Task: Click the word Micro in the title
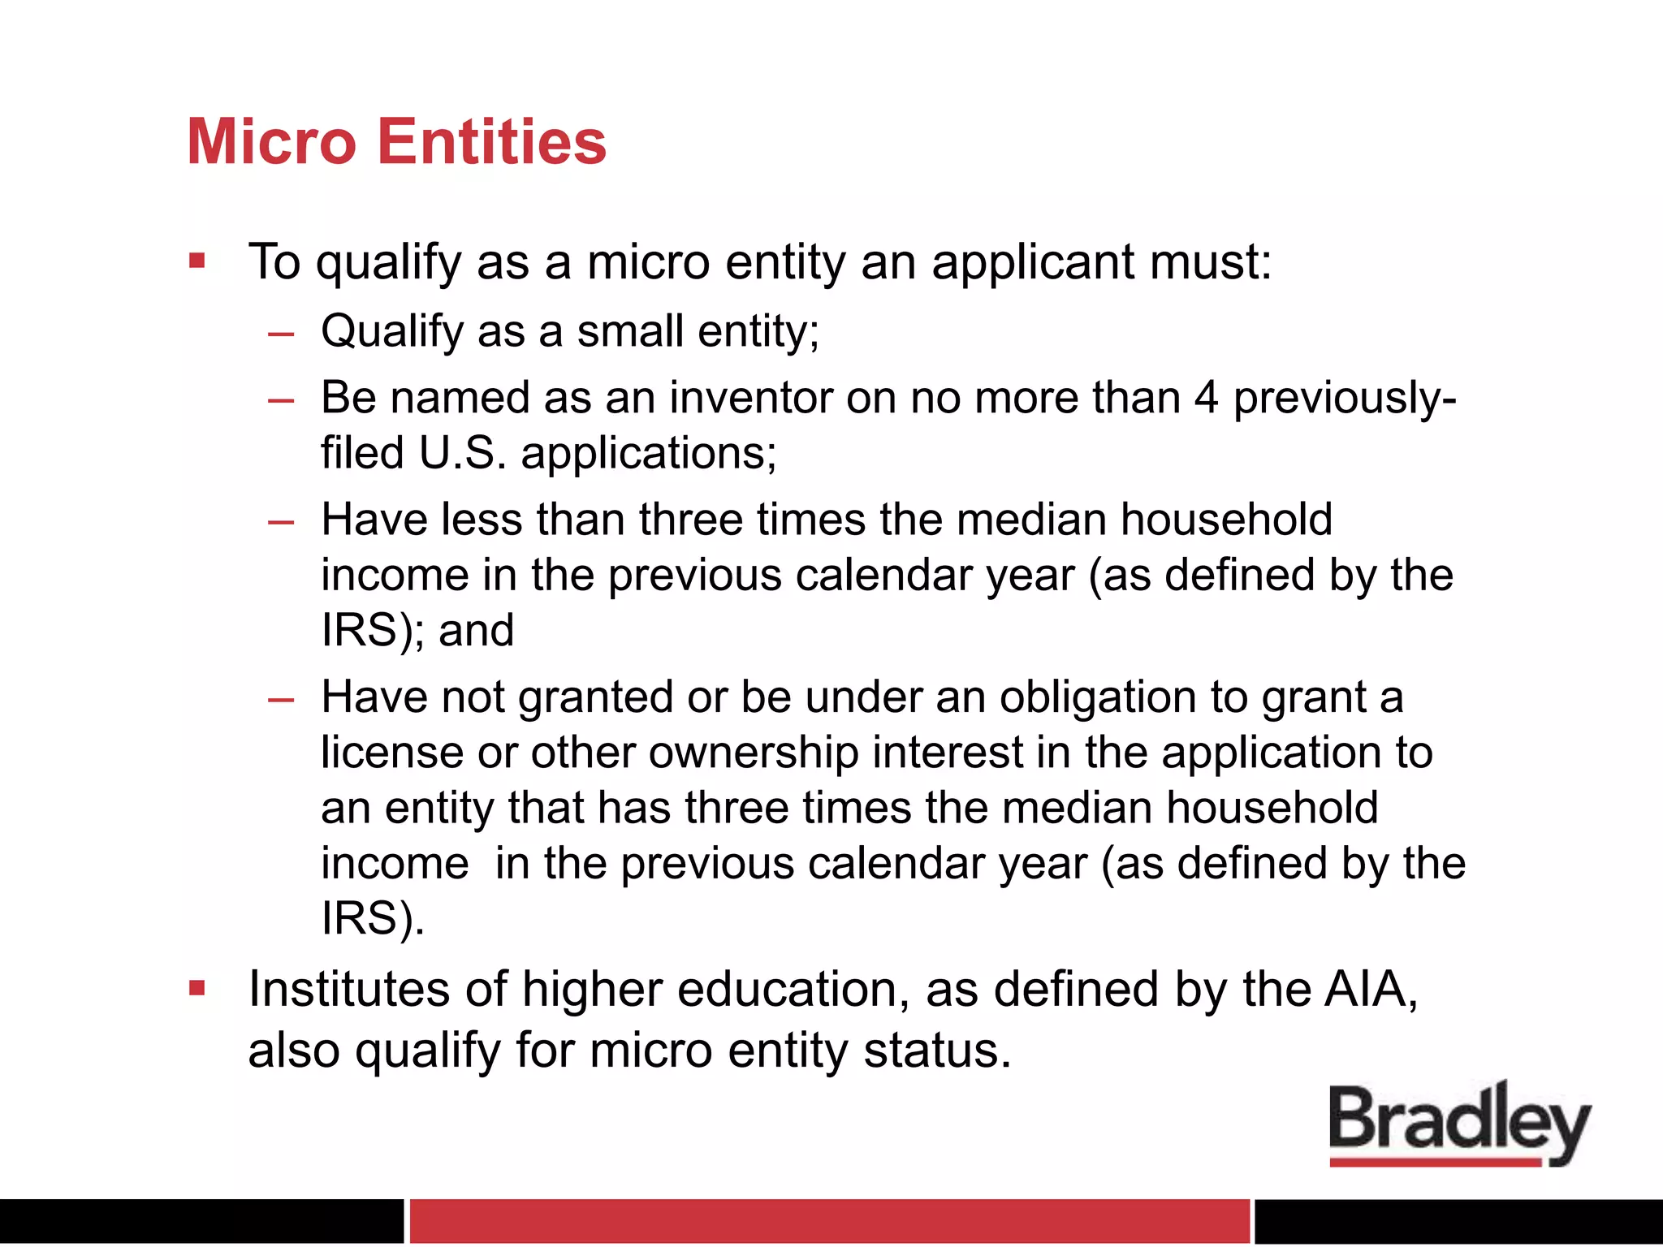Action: pyautogui.click(x=271, y=142)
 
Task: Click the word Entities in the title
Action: pyautogui.click(x=492, y=142)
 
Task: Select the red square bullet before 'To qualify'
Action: pyautogui.click(x=197, y=261)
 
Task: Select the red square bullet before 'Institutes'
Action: pyautogui.click(x=197, y=988)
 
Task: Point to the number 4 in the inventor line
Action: pyautogui.click(x=1207, y=398)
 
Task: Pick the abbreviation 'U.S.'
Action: pyautogui.click(x=462, y=453)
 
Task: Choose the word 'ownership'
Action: pyautogui.click(x=754, y=753)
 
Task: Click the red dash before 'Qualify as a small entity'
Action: pyautogui.click(x=281, y=333)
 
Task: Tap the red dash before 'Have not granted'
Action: pyautogui.click(x=281, y=699)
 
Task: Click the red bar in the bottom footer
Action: pyautogui.click(x=829, y=1220)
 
